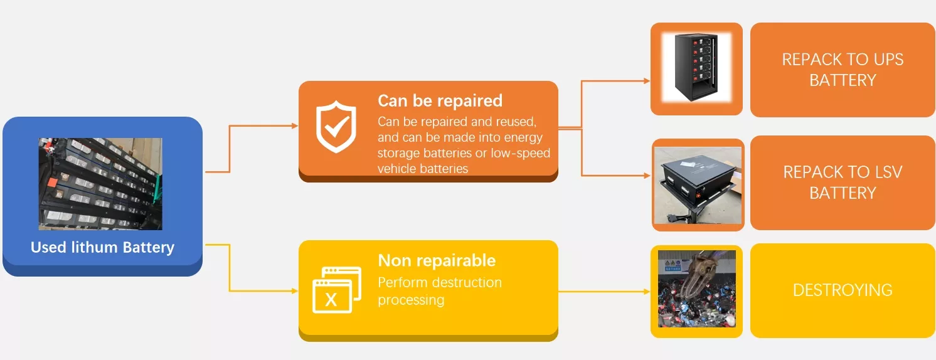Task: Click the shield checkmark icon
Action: tap(336, 127)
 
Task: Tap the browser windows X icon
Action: tap(337, 290)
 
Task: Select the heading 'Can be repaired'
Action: tap(440, 101)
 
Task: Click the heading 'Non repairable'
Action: tap(437, 261)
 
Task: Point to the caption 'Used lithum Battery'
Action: tap(102, 247)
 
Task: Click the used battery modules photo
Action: tap(100, 184)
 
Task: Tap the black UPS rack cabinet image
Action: tap(696, 68)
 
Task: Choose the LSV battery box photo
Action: tap(698, 186)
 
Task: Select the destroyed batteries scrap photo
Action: tap(697, 289)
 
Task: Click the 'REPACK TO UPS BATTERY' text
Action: tap(843, 70)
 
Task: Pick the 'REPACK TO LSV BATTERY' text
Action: tap(843, 183)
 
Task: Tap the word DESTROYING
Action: tap(843, 290)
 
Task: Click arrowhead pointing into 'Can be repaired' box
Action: tap(295, 125)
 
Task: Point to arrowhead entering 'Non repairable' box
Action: tap(295, 290)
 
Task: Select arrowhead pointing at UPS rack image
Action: tap(647, 81)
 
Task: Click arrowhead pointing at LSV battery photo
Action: tap(647, 176)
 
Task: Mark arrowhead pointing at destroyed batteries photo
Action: tap(647, 292)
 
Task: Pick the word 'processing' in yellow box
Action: tap(411, 300)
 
